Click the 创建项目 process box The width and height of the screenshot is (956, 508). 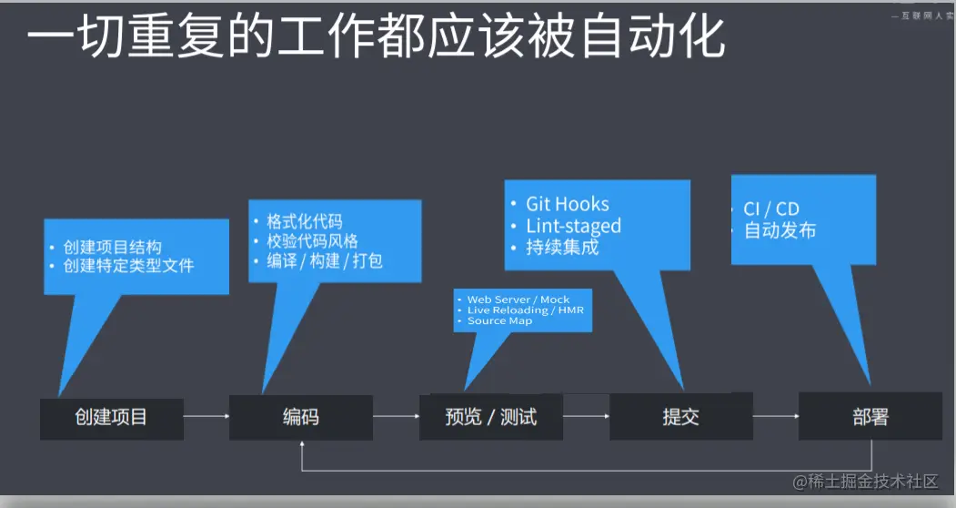[111, 418]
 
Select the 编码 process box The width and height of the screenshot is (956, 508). [301, 418]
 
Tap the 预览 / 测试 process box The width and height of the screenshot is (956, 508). [491, 418]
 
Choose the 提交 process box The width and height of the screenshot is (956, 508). [681, 418]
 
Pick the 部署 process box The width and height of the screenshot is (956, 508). [870, 418]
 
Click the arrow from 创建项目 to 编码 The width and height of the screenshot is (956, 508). [206, 418]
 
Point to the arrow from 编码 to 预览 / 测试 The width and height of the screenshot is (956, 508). [396, 418]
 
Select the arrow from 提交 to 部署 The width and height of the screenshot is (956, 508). [776, 418]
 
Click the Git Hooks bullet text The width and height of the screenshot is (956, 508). [568, 204]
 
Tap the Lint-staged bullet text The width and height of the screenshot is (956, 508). [573, 226]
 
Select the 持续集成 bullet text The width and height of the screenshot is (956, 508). [562, 248]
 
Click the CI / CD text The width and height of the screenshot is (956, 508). [771, 209]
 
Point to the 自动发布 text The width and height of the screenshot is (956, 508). [780, 230]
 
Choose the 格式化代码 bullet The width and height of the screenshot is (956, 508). [305, 221]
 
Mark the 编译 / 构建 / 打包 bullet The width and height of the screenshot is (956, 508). [325, 261]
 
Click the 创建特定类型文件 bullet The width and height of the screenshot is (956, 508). [128, 266]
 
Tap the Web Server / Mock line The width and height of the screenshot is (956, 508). [518, 300]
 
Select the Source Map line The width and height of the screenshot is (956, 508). [499, 321]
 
